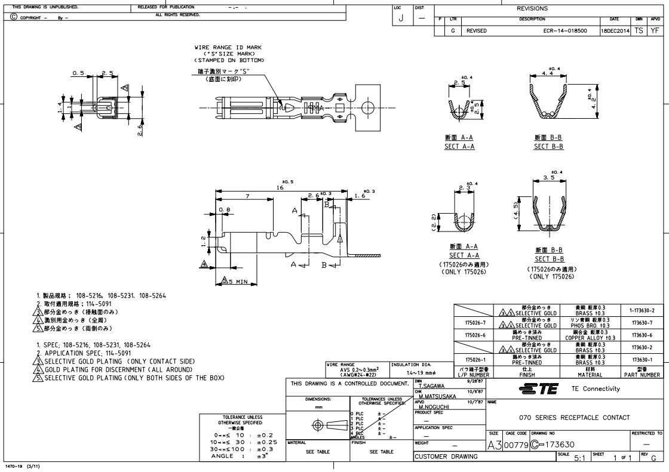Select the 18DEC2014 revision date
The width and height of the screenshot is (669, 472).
615,28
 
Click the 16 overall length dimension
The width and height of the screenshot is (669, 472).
280,187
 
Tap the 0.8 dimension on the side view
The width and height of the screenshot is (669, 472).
225,209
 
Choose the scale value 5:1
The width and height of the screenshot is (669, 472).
578,458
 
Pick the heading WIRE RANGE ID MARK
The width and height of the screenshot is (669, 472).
228,47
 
